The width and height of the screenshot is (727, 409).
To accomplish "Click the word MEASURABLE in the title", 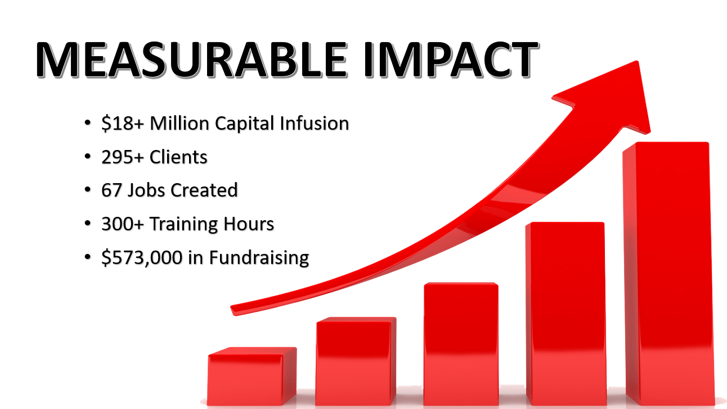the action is tap(191, 60).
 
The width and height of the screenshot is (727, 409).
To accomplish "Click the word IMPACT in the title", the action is tap(451, 60).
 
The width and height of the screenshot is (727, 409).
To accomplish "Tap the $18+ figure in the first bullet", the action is tap(122, 124).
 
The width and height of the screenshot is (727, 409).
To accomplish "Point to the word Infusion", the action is tap(314, 124).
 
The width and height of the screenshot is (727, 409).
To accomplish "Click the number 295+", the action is tap(122, 157).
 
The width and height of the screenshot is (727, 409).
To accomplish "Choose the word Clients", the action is tap(178, 157).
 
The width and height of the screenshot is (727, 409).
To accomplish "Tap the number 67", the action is tap(111, 190).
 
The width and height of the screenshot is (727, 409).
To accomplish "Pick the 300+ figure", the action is tap(122, 224).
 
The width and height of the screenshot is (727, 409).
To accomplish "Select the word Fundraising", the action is tap(259, 258).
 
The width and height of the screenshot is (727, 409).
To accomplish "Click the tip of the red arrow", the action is tap(638, 61).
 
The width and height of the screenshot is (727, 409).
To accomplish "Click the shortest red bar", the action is tap(252, 376).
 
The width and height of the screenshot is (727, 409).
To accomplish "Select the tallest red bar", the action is tap(668, 273).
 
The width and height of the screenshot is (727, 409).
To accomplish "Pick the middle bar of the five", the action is tap(461, 343).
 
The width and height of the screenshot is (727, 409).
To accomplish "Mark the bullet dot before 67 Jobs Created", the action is tap(87, 190).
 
